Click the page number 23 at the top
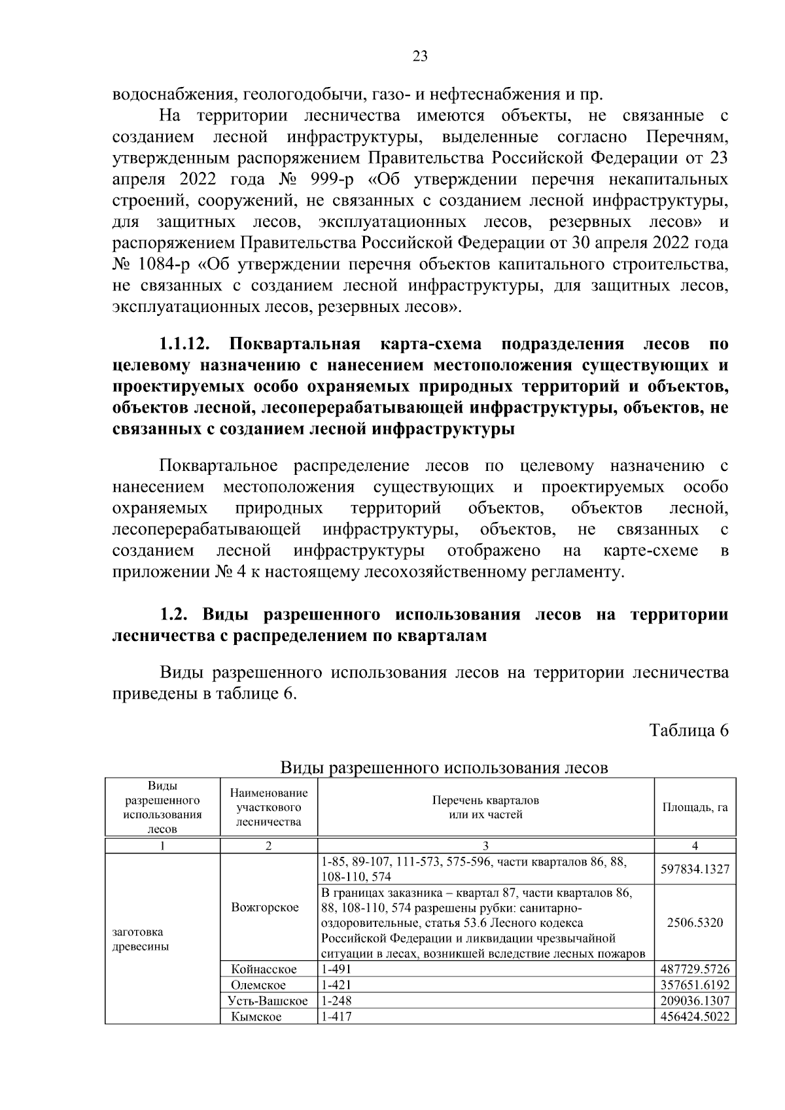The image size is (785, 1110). (420, 56)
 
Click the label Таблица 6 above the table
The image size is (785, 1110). (688, 731)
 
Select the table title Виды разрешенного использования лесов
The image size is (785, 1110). (444, 767)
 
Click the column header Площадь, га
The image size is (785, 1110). (695, 807)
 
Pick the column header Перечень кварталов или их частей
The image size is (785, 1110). (485, 807)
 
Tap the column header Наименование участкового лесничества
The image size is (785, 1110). (269, 807)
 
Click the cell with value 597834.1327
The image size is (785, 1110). (695, 869)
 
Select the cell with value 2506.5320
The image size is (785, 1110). (695, 922)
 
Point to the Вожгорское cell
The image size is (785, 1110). (265, 907)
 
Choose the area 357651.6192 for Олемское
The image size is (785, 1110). (695, 985)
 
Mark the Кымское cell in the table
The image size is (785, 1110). (256, 1017)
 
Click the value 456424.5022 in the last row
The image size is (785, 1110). (695, 1017)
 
